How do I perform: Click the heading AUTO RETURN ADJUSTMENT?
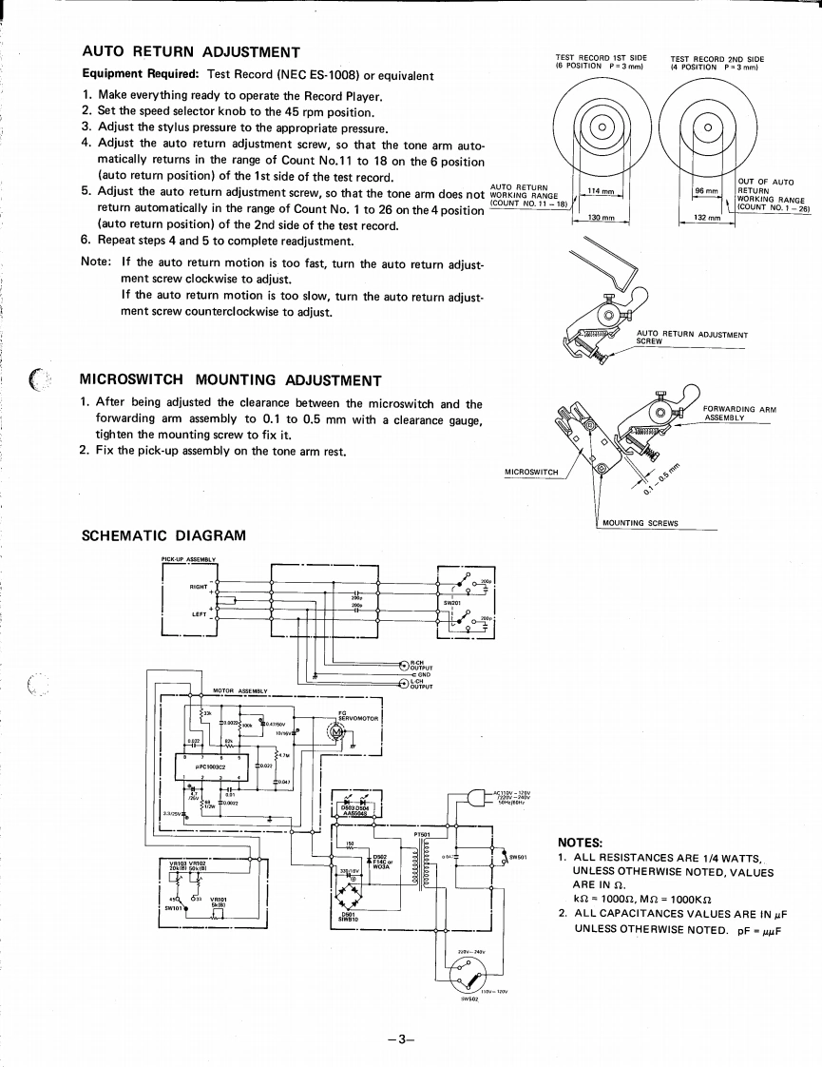[x=191, y=52]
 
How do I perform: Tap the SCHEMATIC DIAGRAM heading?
[x=164, y=535]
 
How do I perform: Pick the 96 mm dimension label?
[x=705, y=192]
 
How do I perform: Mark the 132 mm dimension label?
[x=709, y=219]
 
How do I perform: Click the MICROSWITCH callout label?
[x=531, y=471]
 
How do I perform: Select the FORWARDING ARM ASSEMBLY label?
[x=739, y=414]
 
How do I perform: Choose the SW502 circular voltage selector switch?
[x=465, y=972]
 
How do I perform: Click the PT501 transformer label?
[x=424, y=835]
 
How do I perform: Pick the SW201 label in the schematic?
[x=452, y=603]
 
